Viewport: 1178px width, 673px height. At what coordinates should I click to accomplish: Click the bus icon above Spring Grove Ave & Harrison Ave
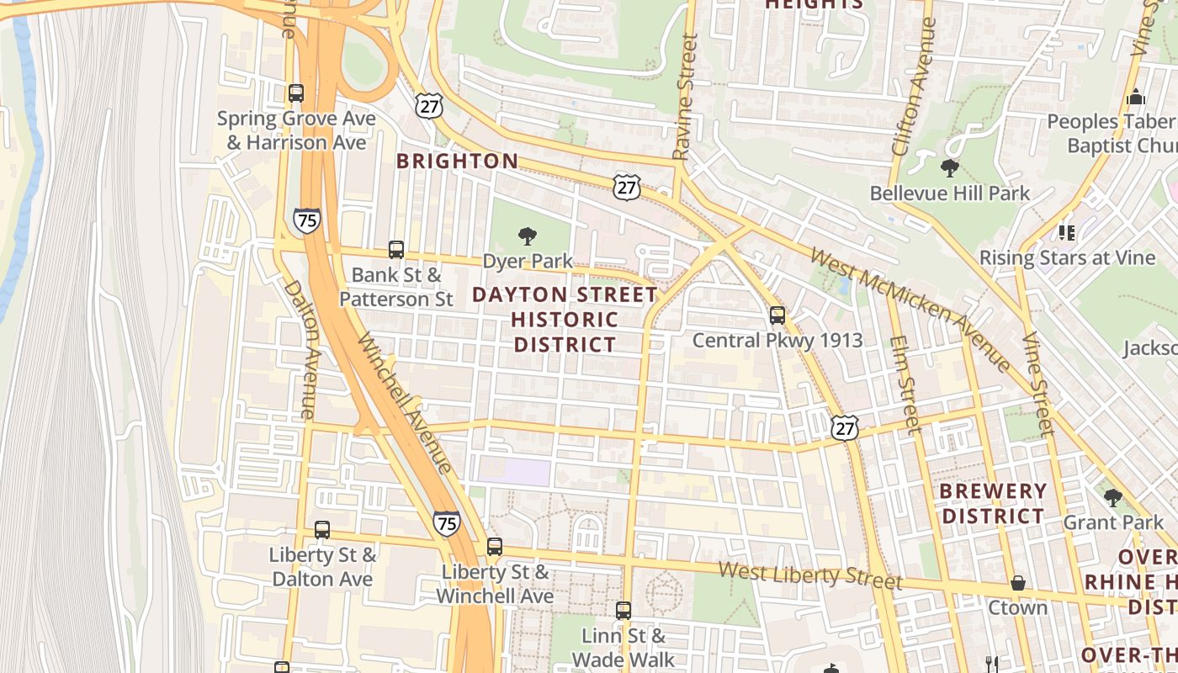(295, 93)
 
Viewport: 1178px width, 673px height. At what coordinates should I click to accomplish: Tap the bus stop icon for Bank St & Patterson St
(396, 250)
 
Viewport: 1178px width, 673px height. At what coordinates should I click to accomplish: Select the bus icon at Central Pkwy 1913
(777, 316)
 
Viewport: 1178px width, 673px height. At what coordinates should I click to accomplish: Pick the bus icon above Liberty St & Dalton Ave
(322, 530)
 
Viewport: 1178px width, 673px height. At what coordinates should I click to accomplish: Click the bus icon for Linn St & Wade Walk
(623, 611)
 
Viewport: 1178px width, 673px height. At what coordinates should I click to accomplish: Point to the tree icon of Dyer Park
(528, 236)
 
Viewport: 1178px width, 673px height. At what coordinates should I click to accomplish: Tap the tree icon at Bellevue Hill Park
(950, 168)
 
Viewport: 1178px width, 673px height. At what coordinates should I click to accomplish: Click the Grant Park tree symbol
(1113, 498)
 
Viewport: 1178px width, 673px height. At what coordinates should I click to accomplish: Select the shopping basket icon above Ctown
(1018, 583)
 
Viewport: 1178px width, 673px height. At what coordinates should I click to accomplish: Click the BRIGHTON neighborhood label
(458, 161)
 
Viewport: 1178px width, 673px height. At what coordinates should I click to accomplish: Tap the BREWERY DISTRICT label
(993, 503)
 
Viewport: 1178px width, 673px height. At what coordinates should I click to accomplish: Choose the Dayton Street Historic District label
(565, 320)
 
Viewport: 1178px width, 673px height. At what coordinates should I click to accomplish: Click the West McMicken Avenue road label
(910, 309)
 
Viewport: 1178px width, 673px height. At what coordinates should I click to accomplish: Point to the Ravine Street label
(686, 96)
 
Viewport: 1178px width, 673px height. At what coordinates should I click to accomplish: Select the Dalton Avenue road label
(300, 349)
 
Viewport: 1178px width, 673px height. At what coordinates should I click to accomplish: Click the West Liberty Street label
(809, 575)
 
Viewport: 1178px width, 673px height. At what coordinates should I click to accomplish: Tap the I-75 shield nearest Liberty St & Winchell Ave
(447, 522)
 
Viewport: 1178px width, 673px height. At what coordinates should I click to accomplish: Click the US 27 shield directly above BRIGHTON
(428, 106)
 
